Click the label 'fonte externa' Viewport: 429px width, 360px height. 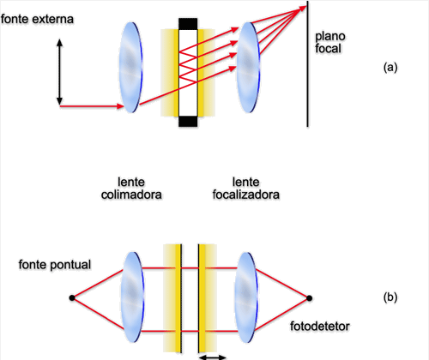coord(37,19)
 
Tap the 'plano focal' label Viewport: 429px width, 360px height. coord(330,42)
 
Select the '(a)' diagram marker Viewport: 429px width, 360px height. coord(390,68)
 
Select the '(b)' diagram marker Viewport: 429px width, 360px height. coord(390,297)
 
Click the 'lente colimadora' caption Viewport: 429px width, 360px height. coord(131,189)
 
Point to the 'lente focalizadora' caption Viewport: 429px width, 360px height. coord(246,189)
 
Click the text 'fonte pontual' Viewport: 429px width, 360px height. coord(55,265)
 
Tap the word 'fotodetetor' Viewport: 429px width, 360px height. coord(320,326)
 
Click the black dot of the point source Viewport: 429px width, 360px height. coord(72,298)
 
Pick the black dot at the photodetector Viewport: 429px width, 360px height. coord(309,298)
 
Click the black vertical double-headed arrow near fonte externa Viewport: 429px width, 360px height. coord(59,72)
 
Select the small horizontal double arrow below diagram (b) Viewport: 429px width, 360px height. coord(213,357)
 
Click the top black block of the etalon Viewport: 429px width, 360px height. coord(188,24)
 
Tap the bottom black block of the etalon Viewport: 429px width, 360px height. coord(188,122)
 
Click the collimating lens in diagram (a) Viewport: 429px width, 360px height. coord(130,68)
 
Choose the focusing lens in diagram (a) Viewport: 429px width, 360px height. coord(248,68)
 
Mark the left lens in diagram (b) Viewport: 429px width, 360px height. coord(132,297)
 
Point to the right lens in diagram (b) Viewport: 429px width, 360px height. coord(246,297)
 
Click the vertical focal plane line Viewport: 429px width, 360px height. coord(307,63)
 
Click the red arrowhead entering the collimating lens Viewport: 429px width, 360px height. coord(120,106)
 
